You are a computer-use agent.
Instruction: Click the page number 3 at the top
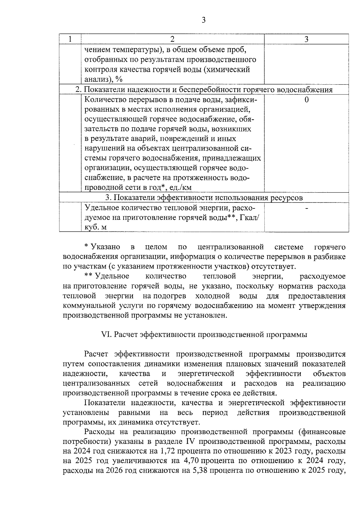pyautogui.click(x=203, y=20)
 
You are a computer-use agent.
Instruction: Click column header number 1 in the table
pyautogui.click(x=70, y=39)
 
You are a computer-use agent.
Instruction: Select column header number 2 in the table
pyautogui.click(x=172, y=39)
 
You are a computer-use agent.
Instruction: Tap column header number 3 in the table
pyautogui.click(x=306, y=39)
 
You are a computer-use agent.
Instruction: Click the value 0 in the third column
pyautogui.click(x=306, y=100)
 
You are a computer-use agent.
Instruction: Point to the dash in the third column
pyautogui.click(x=306, y=208)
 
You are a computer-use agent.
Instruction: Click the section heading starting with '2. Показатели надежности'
pyautogui.click(x=204, y=90)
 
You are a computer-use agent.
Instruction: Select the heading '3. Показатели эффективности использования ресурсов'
pyautogui.click(x=204, y=198)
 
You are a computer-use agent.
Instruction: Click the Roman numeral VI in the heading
pyautogui.click(x=106, y=335)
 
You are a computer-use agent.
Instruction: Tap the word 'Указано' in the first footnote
pyautogui.click(x=106, y=247)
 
